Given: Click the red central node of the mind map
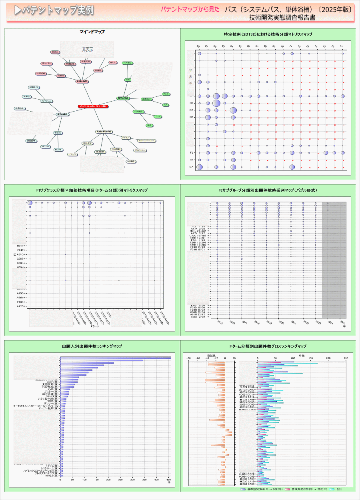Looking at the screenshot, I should (x=93, y=106).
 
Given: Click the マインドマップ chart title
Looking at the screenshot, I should (x=92, y=32).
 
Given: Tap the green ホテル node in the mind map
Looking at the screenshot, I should (x=166, y=94).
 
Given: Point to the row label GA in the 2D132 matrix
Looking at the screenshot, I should (x=192, y=167).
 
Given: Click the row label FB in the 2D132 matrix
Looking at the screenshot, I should (x=192, y=103).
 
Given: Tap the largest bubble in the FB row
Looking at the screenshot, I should (x=216, y=103).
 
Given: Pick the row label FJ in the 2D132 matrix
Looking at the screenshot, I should (x=192, y=153).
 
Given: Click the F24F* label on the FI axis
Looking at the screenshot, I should (x=21, y=250).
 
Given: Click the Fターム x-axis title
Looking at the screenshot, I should (x=95, y=327).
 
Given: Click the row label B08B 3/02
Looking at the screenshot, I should (x=198, y=317).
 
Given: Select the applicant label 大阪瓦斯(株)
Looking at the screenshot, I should (x=50, y=384).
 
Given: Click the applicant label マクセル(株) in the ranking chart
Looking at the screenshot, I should (x=51, y=476).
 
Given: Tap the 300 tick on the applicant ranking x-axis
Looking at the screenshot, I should (x=133, y=479).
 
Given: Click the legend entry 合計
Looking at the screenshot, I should (x=339, y=489).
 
